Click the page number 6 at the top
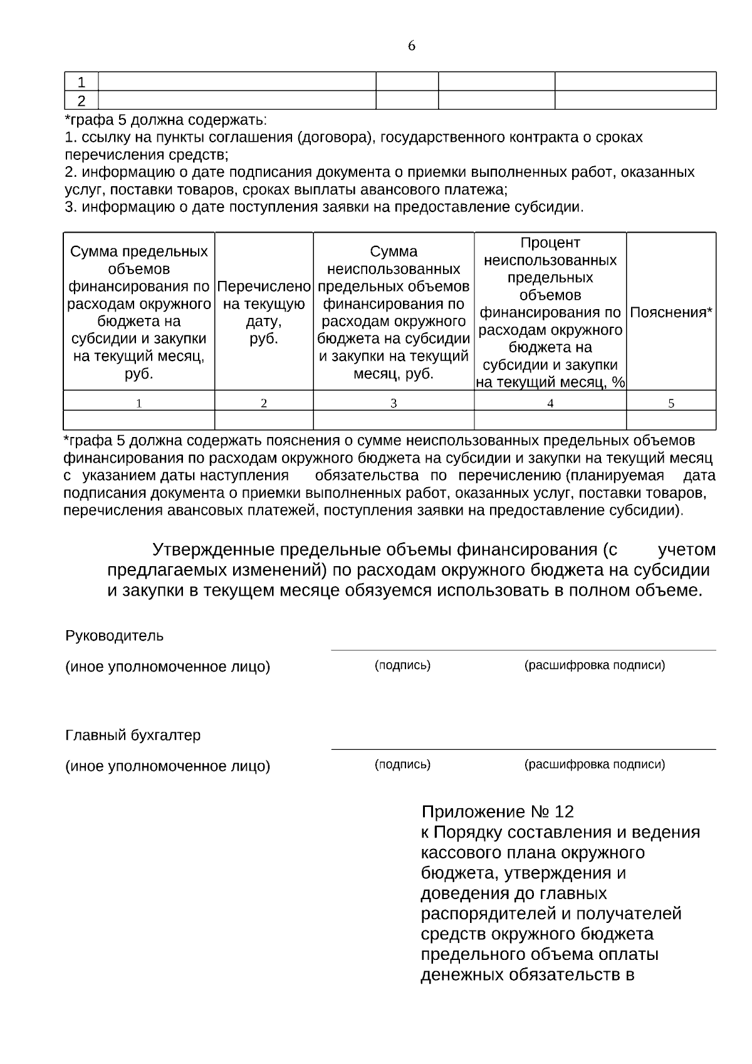coord(411,46)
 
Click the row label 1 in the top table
coord(81,82)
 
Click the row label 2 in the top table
coord(81,100)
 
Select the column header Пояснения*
coord(671,312)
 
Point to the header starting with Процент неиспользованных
coord(550,312)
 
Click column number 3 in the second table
coord(394,403)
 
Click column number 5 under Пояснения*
coord(671,403)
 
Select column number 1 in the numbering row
coord(138,403)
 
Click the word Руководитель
coord(114,636)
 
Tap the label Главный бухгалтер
coord(133,735)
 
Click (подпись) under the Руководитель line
coord(402,665)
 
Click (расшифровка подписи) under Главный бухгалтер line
coord(594,764)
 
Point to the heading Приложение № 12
coord(497,812)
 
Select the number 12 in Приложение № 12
coord(564,812)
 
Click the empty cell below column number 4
coord(550,420)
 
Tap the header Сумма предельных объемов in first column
coord(138,312)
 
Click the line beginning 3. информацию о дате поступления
coord(324,207)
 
